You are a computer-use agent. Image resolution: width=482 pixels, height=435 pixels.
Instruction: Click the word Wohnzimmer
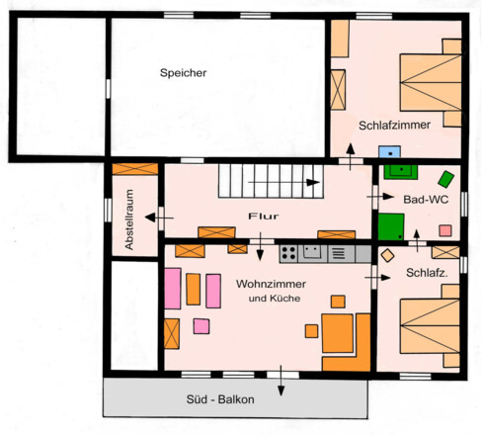click(270, 284)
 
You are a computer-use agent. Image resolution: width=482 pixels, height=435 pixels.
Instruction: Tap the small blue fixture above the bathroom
click(391, 153)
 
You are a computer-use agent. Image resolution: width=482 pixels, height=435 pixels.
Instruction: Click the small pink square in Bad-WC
click(444, 230)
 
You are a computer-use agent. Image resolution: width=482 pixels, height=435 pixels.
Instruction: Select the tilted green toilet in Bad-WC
click(446, 179)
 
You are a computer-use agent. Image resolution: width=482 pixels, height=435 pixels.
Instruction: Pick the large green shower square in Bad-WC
click(391, 226)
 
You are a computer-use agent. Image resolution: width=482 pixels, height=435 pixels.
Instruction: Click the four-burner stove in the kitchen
click(289, 253)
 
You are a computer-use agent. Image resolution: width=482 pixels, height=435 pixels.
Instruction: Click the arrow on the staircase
click(312, 183)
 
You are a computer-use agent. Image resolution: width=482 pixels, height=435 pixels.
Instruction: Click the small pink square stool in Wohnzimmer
click(201, 326)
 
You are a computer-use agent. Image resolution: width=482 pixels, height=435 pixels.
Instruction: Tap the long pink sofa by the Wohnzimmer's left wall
click(172, 288)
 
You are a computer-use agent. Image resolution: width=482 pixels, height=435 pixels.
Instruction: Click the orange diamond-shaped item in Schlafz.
click(387, 255)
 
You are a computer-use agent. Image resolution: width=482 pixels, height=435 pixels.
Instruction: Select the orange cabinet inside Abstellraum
click(135, 169)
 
